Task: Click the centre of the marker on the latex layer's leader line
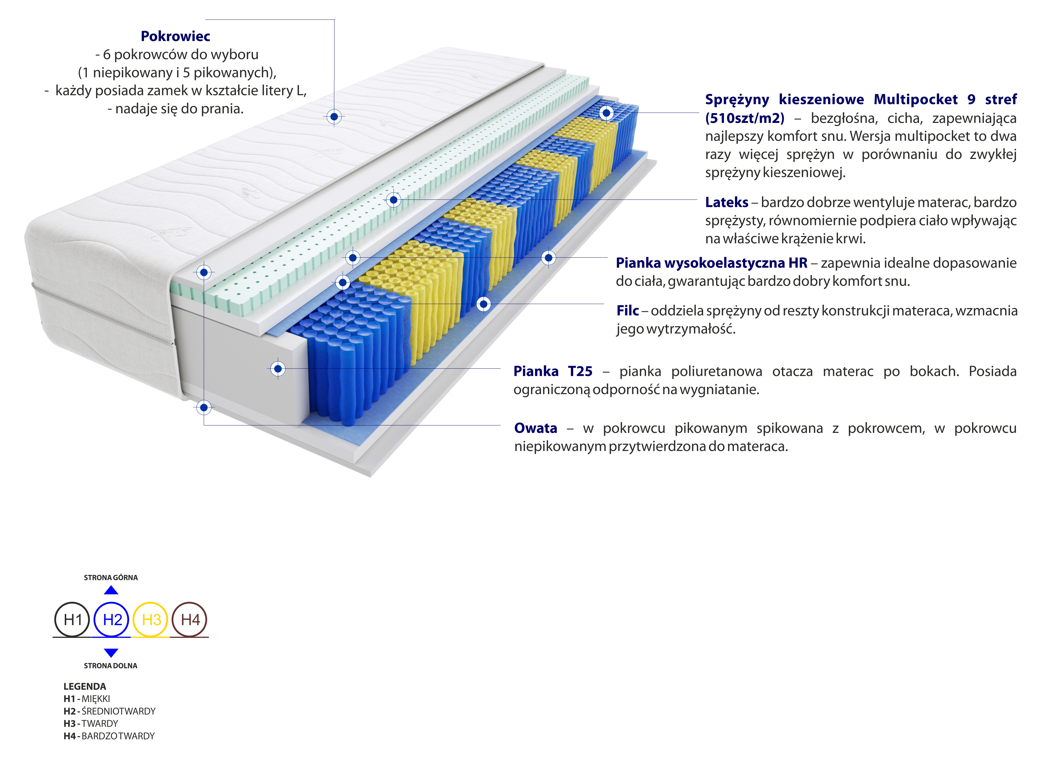[393, 200]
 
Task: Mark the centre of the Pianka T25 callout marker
[278, 369]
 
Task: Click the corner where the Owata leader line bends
[203, 425]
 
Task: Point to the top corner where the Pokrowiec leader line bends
[334, 20]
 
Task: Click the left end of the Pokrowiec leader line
[206, 20]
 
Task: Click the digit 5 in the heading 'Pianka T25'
[588, 372]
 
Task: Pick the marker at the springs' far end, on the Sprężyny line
[606, 113]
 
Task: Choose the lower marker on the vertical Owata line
[203, 407]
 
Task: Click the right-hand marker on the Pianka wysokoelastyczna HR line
[548, 258]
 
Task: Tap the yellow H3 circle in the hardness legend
[151, 620]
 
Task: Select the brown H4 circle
[190, 620]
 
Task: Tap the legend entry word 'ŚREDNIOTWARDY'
[118, 711]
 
